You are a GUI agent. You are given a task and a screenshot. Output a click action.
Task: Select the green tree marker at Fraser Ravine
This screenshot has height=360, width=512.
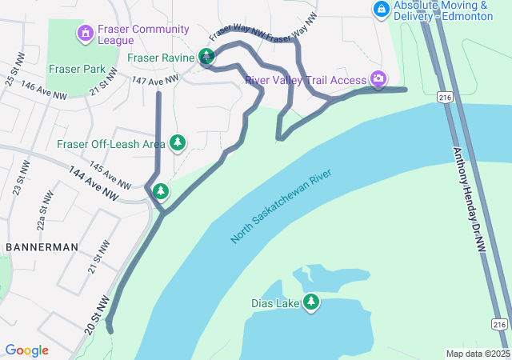pos(207,56)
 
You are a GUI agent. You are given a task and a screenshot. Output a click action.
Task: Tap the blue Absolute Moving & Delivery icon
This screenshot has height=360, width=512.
pos(382,10)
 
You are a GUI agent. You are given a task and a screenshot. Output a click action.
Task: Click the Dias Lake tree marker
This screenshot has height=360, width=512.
pos(310,302)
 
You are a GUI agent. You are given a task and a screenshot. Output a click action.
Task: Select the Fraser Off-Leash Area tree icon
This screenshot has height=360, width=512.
pos(178,143)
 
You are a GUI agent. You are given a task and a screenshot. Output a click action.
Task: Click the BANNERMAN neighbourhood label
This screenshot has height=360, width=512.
pos(42,247)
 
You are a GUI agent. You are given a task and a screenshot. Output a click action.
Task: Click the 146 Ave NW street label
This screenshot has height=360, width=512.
pos(43,89)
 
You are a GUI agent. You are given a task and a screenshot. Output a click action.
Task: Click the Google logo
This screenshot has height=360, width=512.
pos(26,350)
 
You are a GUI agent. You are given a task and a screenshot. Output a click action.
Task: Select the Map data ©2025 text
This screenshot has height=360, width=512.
pos(477,354)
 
